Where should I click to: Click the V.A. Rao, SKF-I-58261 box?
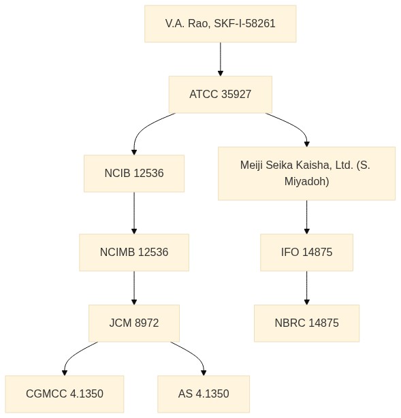click(x=220, y=24)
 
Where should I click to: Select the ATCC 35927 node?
click(x=220, y=95)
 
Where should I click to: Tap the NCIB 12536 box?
click(x=134, y=174)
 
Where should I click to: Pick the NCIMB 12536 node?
click(x=134, y=253)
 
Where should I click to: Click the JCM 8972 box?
click(x=134, y=323)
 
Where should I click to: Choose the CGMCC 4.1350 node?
click(x=65, y=394)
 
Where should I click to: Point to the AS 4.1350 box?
click(x=204, y=394)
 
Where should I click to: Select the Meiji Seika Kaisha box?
click(x=306, y=174)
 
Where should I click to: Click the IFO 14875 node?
click(x=306, y=253)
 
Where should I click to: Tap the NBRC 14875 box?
click(x=306, y=323)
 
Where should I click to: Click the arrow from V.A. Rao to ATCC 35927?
click(x=220, y=59)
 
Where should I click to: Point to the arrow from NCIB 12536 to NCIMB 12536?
click(x=134, y=213)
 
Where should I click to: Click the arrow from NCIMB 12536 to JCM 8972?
click(x=134, y=288)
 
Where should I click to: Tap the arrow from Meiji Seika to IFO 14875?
click(x=306, y=217)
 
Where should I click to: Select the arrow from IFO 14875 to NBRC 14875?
click(x=306, y=288)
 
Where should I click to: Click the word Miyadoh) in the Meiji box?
click(x=306, y=182)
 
